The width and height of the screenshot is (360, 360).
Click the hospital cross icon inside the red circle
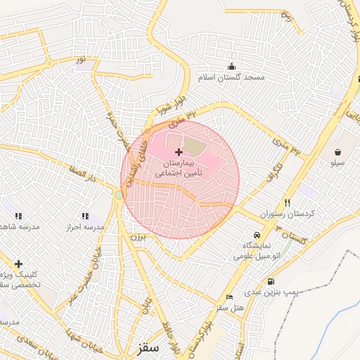coord(179,151)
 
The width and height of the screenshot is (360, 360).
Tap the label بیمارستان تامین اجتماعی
coord(179,167)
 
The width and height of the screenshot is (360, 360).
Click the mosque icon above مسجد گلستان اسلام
coord(231,67)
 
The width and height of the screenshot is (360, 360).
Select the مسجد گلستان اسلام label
coord(231,77)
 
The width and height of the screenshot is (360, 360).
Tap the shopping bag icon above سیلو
coord(338,152)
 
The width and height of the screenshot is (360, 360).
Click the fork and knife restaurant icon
coord(286,202)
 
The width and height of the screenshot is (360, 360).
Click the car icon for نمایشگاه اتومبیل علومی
coord(257,234)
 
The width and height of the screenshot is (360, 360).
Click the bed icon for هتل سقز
coord(229,297)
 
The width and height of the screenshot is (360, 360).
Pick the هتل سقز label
coord(229,307)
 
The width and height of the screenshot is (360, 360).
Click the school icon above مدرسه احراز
coord(85,217)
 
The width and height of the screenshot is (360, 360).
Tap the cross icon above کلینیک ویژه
coord(18,264)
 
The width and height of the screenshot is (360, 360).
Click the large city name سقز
coord(149,347)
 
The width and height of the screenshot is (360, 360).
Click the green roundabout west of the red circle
coord(117,194)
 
